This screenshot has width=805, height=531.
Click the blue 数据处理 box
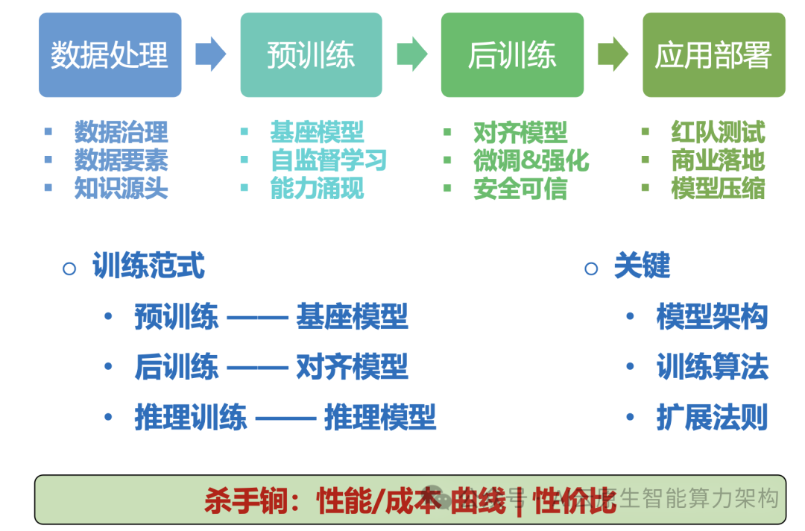110,55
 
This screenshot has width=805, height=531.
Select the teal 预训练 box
311,55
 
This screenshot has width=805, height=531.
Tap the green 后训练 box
512,55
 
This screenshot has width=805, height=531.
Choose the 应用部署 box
713,55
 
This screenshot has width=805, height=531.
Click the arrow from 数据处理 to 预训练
210,54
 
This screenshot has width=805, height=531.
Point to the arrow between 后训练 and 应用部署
613,54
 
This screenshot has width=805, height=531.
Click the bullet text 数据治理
121,132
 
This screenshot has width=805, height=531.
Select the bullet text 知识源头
121,189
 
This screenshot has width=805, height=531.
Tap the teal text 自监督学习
328,160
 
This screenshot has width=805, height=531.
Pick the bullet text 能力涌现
317,189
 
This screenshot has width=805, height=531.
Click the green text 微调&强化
531,160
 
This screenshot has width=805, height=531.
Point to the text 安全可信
520,189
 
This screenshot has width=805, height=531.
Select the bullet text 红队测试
718,132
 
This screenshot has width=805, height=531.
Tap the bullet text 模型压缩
718,189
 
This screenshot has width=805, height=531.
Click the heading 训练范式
148,266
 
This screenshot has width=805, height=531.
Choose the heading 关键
642,266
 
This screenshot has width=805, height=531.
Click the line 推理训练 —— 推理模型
285,418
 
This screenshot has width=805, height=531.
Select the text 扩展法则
712,418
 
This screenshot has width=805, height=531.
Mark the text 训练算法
712,368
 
